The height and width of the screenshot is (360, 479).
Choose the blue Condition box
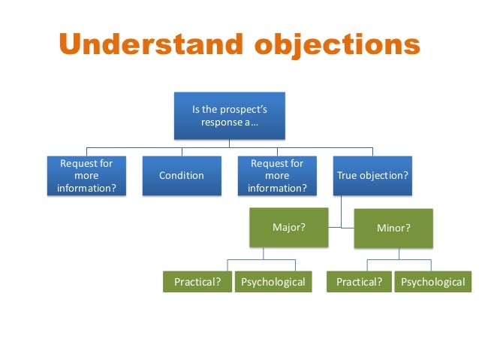181,175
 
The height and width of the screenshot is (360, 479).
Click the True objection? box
372,175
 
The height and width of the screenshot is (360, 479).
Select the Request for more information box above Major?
276,175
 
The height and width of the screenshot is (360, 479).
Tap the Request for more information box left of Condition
86,175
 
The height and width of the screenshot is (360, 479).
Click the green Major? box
288,227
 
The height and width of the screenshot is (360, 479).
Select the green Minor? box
393,228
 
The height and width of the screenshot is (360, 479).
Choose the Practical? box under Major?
197,283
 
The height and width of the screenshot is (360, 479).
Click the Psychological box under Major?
273,283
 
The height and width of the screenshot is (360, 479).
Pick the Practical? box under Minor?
359,283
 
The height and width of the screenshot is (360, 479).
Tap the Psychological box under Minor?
432,283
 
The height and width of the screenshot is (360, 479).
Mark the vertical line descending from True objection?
342,210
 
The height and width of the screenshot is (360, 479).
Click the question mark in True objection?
405,175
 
